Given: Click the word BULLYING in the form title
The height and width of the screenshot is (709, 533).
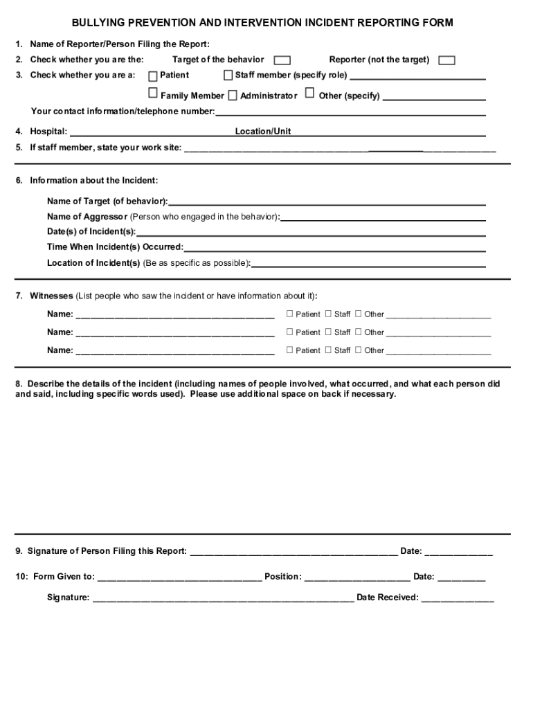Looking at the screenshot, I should pos(96,23).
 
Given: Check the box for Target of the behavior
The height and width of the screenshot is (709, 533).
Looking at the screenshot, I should pos(282,60).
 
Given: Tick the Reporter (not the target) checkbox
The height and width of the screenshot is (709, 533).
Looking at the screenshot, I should pos(447,60).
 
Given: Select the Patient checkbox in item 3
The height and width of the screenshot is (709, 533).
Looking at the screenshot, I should pos(154,75).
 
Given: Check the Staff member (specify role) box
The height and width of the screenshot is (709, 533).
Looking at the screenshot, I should pos(228,75).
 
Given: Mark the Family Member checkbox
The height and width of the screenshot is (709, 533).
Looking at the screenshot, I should pos(154,93).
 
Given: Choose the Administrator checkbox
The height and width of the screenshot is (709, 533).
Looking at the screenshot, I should pos(233,95).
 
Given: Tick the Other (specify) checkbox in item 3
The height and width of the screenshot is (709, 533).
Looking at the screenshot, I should pos(309,93).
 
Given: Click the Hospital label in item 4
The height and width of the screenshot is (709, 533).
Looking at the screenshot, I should pos(48,132).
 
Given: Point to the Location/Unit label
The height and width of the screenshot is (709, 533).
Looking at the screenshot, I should pos(263,132).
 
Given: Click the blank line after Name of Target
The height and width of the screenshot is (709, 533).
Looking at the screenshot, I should pos(326,203).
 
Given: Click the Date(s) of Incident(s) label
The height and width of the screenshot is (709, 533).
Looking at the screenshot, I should pos(91,232).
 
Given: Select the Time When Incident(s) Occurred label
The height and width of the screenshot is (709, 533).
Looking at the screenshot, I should pos(115,247).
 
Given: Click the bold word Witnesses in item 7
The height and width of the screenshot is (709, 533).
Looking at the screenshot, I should pos(51,296).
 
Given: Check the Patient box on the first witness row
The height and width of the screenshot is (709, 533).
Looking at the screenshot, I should pos(290,314).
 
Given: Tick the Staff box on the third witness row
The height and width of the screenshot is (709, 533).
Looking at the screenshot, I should pos(329,350).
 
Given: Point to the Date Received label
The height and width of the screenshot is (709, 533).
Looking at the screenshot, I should pos(388,598).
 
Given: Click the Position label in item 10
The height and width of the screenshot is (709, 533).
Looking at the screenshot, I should pos(282,577).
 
